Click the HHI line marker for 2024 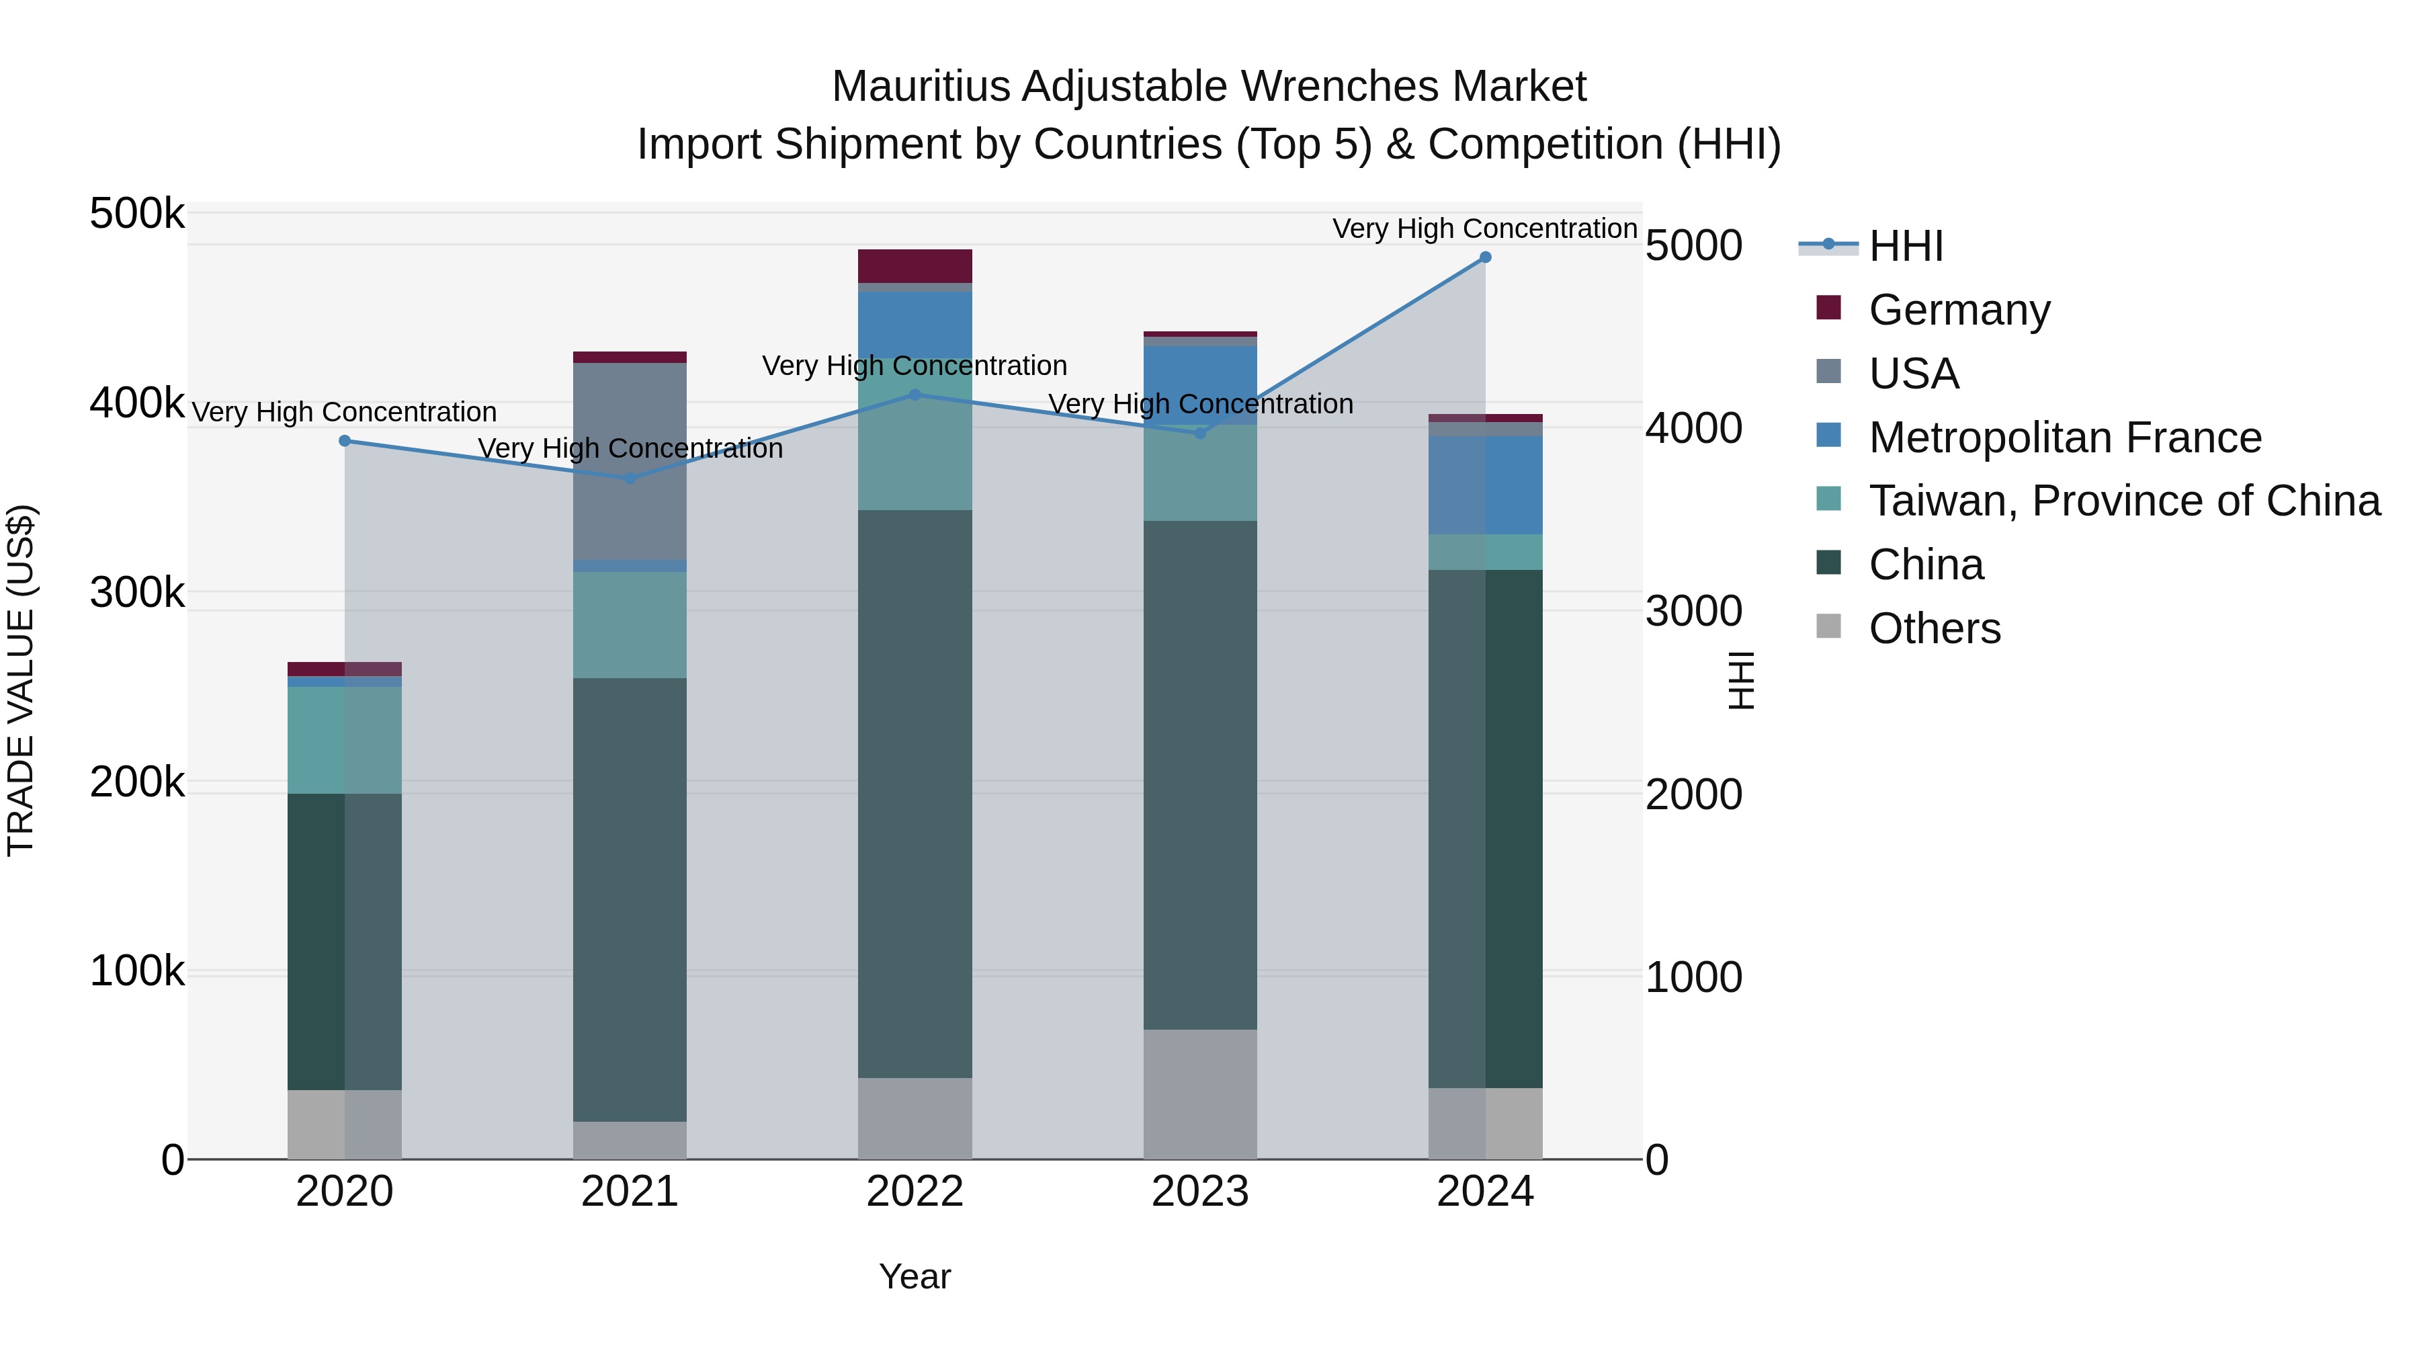click(x=1484, y=257)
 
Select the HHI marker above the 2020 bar click(x=345, y=440)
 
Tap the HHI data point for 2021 click(x=630, y=478)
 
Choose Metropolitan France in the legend click(x=2064, y=437)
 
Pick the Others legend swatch click(x=1828, y=626)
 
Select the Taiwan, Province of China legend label click(x=2124, y=501)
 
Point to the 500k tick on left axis click(x=137, y=214)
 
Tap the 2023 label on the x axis click(x=1199, y=1192)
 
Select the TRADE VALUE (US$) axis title click(x=21, y=680)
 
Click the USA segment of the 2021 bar click(x=630, y=460)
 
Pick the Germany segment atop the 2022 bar click(x=915, y=265)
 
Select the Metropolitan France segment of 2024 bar click(x=1484, y=485)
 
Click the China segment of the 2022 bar click(x=915, y=794)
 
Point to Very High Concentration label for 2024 click(x=1484, y=229)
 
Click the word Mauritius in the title click(x=922, y=87)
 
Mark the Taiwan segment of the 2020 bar click(x=345, y=740)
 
